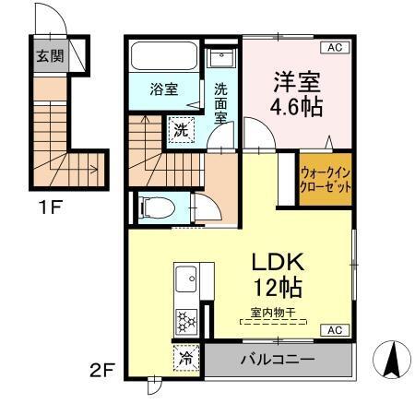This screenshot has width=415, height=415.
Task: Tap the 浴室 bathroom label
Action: tap(165, 89)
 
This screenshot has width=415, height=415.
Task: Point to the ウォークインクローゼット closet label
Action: tap(325, 179)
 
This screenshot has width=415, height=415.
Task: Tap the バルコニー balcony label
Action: tap(278, 358)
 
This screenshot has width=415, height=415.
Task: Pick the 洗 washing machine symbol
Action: tap(181, 130)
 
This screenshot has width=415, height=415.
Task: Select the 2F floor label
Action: tap(101, 372)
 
